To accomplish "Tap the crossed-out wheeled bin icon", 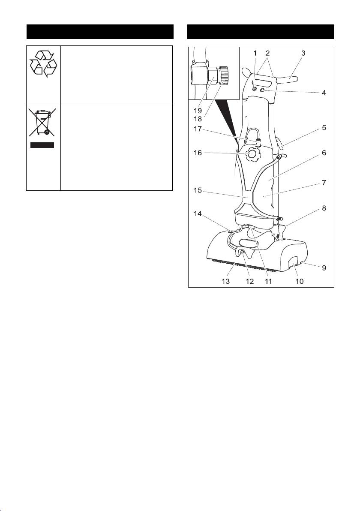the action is [x=42, y=123].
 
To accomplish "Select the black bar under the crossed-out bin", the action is [x=42, y=145].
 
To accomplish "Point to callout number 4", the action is [x=324, y=92].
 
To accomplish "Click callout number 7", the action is [x=324, y=183].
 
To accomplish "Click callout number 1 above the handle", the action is [x=254, y=54].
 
